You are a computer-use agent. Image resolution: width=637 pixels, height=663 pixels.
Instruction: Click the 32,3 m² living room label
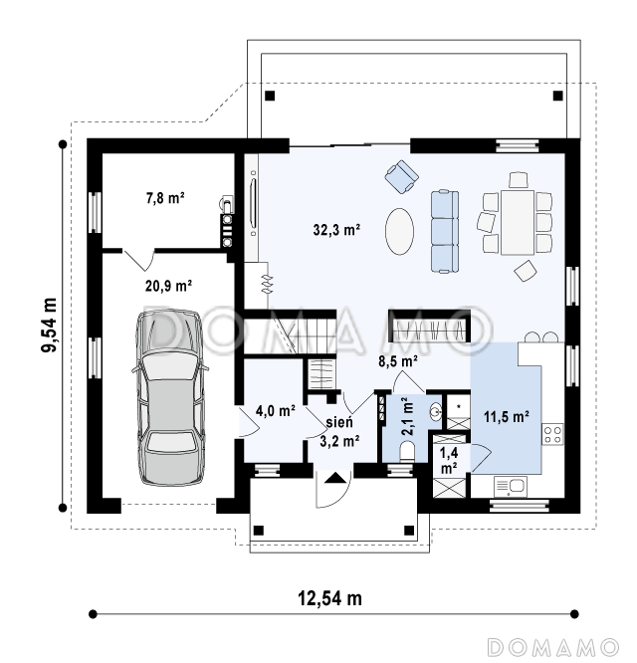tap(336, 230)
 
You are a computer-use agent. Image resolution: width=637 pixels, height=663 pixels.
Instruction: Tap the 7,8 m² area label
tap(165, 198)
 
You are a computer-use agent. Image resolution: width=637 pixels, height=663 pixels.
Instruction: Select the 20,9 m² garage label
tap(168, 286)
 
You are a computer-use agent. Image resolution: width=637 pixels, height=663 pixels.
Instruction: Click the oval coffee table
tap(399, 231)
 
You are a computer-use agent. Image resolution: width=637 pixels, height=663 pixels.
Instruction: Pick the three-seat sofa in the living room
tap(445, 230)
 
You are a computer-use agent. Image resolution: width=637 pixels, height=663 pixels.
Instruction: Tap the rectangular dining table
tap(518, 222)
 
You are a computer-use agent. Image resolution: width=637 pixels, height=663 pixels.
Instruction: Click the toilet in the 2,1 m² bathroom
tap(408, 451)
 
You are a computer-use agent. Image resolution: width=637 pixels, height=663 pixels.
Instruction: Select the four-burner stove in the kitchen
tap(552, 434)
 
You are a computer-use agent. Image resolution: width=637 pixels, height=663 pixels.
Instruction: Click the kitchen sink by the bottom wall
tap(511, 487)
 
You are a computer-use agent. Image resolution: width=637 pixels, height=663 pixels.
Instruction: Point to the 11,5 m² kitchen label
tap(507, 417)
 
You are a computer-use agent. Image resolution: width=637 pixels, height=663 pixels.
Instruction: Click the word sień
tap(339, 422)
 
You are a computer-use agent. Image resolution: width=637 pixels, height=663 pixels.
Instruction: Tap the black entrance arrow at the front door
tap(335, 478)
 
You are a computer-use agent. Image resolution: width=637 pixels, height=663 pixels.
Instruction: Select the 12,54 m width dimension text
tap(330, 598)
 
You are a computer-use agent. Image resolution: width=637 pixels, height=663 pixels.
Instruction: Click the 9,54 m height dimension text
tap(49, 325)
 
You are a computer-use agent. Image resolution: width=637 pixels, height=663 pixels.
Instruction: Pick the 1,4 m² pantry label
tap(449, 461)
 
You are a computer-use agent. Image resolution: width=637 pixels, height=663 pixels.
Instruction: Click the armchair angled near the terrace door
tap(401, 177)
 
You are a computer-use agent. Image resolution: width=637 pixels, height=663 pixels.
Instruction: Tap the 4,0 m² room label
tap(275, 410)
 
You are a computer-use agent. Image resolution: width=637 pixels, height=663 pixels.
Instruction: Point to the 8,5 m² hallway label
tap(398, 361)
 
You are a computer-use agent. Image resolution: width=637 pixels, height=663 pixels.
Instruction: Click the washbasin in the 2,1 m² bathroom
tap(435, 411)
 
